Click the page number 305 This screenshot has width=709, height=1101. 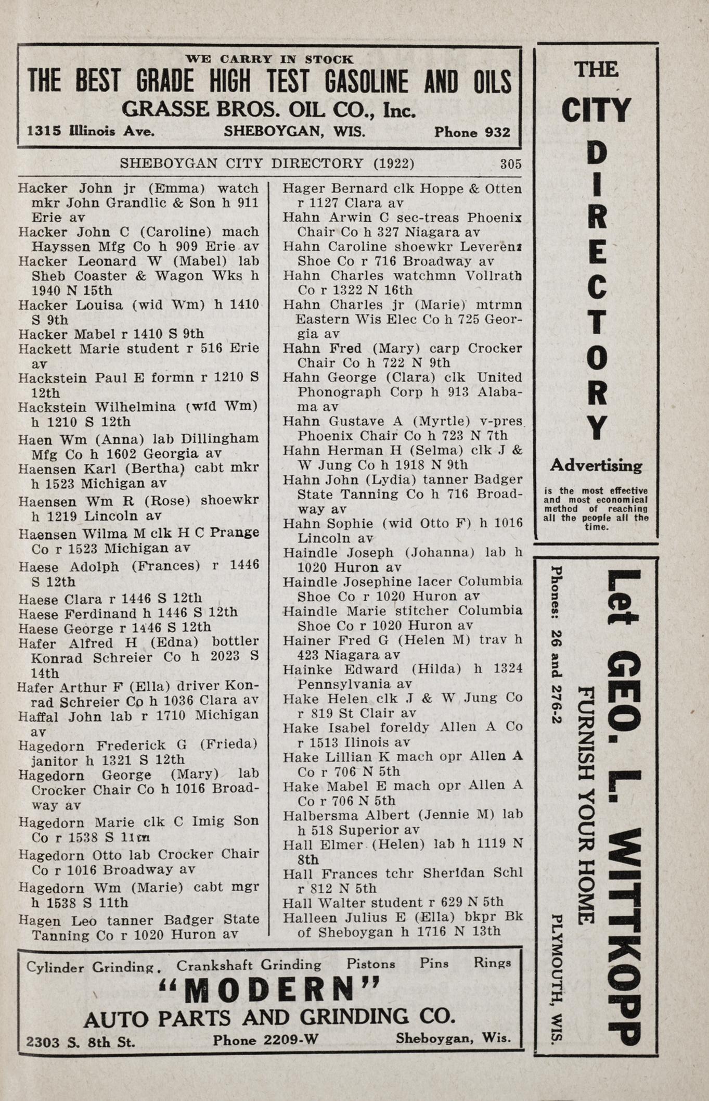coord(510,164)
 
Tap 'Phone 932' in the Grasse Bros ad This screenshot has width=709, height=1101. coord(472,132)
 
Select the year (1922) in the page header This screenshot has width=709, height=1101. coord(394,163)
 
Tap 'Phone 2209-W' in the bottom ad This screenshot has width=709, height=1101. coord(265,1040)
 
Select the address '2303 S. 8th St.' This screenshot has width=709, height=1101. coord(81,1042)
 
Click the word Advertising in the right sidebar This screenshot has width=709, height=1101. coord(596,466)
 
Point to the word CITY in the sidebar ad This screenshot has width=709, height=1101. coord(596,111)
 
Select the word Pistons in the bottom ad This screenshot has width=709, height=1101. coord(370,964)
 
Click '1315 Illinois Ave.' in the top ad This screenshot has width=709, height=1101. coord(91,132)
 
